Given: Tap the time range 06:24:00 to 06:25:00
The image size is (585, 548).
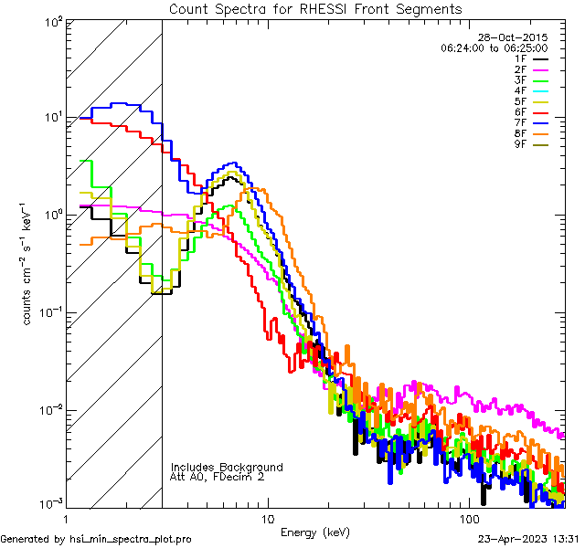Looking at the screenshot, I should coord(494,47).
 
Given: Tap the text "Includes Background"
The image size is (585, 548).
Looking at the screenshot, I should coord(227,467).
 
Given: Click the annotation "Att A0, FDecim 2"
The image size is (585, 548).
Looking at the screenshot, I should coord(218,477).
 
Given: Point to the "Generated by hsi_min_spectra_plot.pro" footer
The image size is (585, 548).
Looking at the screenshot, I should coord(96,540).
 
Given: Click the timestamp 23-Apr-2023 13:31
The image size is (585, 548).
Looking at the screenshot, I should coord(527,540).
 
